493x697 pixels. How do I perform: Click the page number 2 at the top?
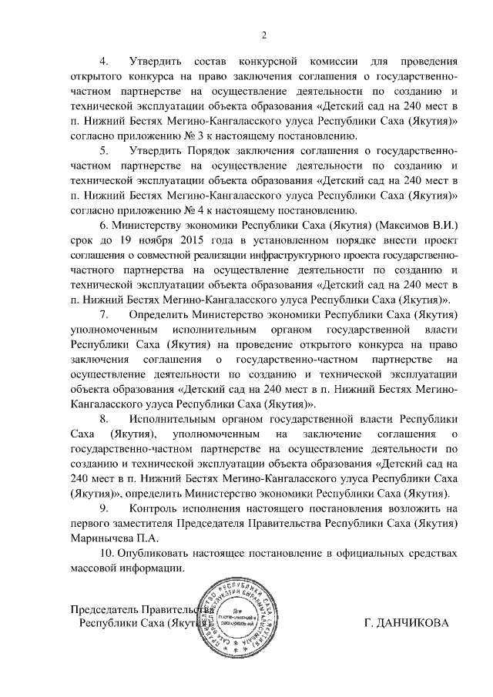[264, 35]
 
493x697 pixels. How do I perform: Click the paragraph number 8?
[105, 420]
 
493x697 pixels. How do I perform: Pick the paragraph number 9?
[105, 509]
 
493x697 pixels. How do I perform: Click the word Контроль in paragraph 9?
[158, 509]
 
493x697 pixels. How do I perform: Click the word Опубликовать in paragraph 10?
[157, 554]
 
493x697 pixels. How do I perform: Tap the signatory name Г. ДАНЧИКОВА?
[404, 623]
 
